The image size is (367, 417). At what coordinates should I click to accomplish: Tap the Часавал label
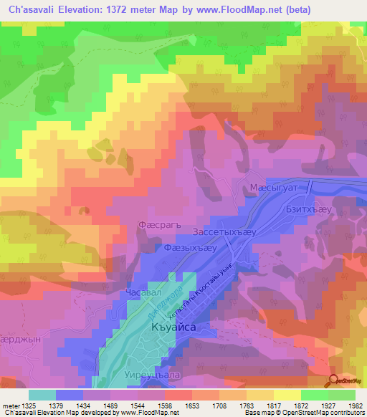tap(140, 293)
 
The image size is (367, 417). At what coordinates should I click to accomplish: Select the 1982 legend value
tap(353, 406)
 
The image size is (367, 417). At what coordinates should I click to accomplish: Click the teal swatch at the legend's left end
tap(42, 395)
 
